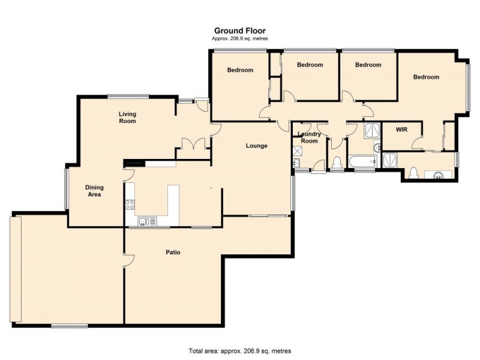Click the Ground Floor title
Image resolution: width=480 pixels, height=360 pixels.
240,31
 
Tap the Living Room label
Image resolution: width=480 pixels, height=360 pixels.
127,118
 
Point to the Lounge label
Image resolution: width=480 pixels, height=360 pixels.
256,146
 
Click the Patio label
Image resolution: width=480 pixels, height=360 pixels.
173,252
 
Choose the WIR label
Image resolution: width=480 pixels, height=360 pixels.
402,130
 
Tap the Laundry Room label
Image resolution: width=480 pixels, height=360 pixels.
310,137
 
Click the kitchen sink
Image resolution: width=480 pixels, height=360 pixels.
143,222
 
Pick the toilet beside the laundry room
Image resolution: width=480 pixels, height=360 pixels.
337,163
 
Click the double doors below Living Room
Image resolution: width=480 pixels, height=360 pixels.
193,143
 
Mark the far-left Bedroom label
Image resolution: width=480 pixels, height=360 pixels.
240,70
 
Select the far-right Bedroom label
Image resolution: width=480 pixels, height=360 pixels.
425,77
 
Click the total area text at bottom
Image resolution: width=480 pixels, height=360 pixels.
240,350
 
